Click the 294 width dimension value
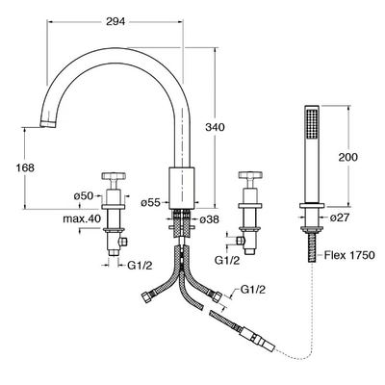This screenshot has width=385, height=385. [x=115, y=22]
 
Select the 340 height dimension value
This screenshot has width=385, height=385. [x=215, y=127]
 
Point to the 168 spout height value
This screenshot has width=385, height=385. [x=25, y=167]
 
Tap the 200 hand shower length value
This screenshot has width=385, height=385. [x=347, y=157]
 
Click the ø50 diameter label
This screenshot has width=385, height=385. [x=84, y=195]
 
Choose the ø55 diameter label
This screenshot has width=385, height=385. [x=150, y=202]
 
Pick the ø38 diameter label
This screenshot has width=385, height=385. [x=209, y=219]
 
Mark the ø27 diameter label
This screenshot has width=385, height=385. [x=340, y=218]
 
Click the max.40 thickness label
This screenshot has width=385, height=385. [x=82, y=219]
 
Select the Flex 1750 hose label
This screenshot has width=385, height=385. [x=349, y=255]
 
